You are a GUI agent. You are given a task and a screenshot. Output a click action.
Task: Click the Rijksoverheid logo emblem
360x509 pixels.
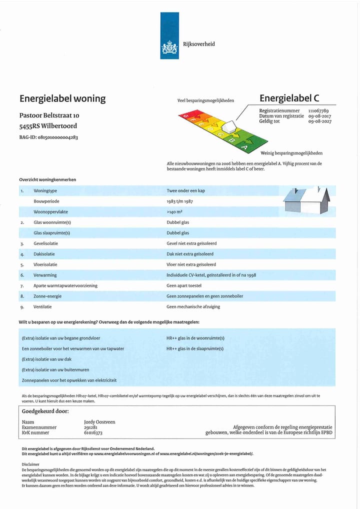[x=169, y=48]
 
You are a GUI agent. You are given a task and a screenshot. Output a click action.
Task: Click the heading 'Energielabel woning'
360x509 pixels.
[x=62, y=98]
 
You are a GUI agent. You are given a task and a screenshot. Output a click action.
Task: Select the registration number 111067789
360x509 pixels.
[x=318, y=110]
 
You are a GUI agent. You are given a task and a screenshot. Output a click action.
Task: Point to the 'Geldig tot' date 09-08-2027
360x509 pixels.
[x=320, y=121]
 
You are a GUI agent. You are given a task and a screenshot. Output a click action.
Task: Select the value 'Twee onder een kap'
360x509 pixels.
[x=185, y=190]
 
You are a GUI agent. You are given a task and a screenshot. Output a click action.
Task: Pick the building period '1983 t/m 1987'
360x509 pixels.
[x=179, y=201]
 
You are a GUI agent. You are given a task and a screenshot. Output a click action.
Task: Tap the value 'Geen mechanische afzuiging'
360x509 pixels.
[x=193, y=306]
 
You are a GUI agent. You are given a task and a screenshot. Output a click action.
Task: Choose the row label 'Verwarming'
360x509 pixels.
[x=45, y=275]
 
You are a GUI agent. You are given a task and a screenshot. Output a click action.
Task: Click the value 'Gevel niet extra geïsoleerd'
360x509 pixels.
[x=191, y=243]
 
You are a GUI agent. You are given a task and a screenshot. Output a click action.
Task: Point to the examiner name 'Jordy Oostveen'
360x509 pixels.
[x=99, y=422]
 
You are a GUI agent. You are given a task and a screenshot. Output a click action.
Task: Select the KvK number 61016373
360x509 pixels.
[x=93, y=433]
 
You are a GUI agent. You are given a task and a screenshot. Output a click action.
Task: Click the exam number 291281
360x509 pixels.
[x=90, y=427]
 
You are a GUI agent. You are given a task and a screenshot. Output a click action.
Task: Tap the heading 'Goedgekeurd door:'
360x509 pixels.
[x=45, y=411]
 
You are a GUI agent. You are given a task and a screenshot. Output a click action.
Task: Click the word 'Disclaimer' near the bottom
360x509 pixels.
[x=31, y=464]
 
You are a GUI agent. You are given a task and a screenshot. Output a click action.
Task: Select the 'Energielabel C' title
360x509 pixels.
[x=289, y=98]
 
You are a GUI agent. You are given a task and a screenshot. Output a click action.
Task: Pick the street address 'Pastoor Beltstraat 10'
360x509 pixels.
[x=49, y=115]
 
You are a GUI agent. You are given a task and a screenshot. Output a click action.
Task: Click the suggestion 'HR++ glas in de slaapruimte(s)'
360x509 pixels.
[x=195, y=348]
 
